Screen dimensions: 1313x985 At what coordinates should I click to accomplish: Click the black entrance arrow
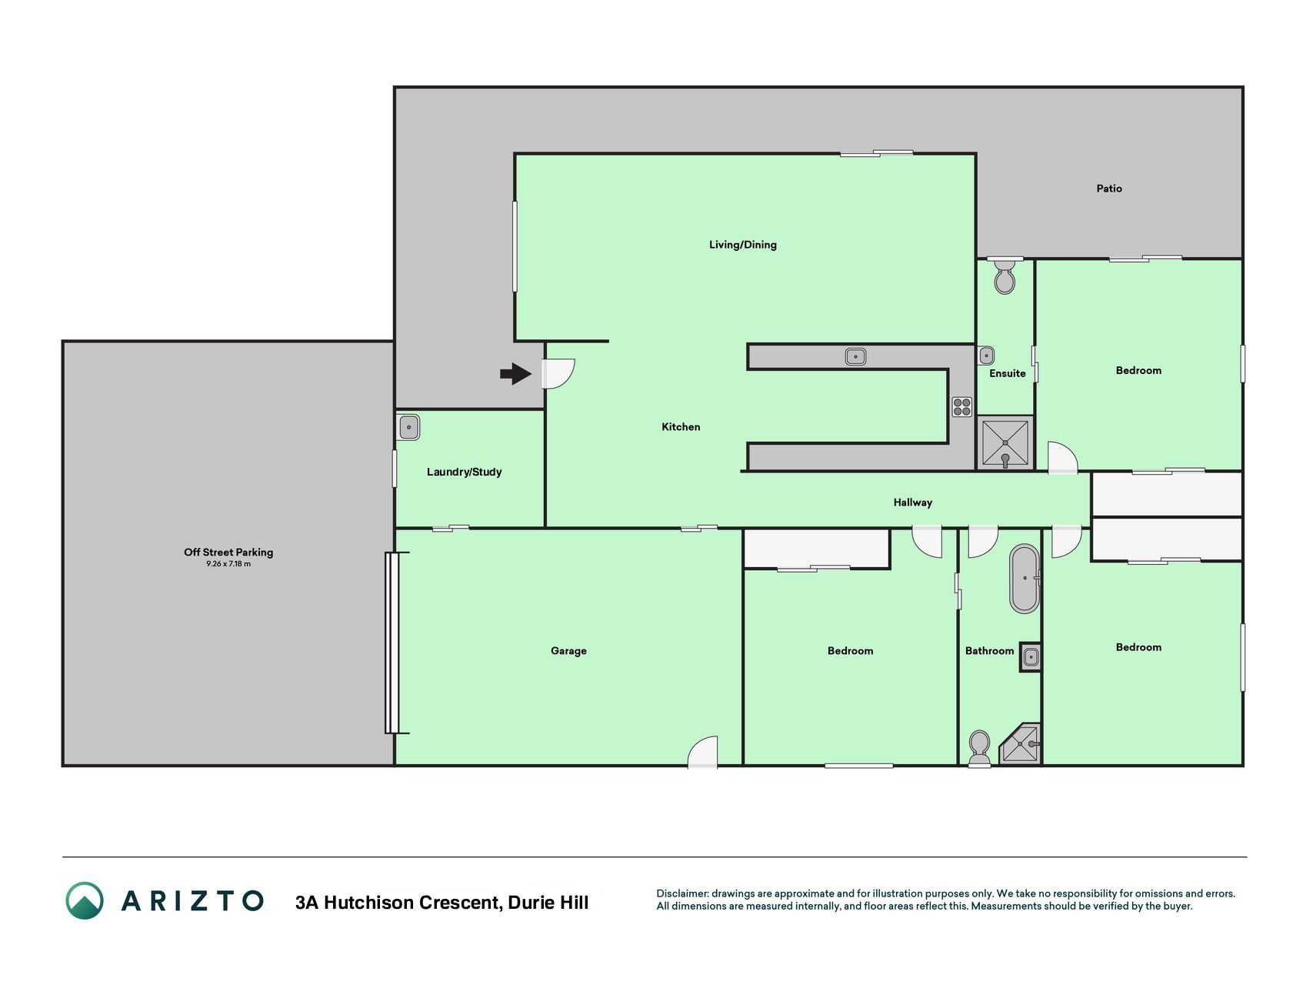click(516, 374)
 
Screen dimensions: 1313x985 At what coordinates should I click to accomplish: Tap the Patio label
click(1109, 189)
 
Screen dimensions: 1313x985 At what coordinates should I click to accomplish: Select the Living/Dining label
click(743, 245)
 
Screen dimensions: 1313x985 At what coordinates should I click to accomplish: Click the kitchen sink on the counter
click(855, 356)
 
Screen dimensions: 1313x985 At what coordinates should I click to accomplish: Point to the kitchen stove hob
click(962, 406)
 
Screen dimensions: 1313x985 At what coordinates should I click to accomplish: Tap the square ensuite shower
click(1005, 443)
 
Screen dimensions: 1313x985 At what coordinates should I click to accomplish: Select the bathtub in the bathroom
click(1025, 579)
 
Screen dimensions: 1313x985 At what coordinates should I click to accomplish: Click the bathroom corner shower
click(1020, 744)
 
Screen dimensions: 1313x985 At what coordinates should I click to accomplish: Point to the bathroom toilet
click(979, 749)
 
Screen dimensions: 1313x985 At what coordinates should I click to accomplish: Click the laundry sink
click(409, 426)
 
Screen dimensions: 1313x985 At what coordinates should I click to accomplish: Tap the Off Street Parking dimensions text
click(228, 564)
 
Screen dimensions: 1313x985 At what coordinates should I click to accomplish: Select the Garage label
click(568, 651)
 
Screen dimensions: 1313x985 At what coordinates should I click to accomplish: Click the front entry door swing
click(558, 374)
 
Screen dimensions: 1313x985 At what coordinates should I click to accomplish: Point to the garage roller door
click(392, 643)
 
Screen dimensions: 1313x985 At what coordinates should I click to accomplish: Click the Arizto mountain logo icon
click(85, 900)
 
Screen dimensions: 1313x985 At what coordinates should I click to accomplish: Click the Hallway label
click(913, 503)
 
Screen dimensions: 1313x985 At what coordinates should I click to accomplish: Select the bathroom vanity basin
click(1031, 657)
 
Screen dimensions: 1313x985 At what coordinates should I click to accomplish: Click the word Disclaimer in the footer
click(682, 893)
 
